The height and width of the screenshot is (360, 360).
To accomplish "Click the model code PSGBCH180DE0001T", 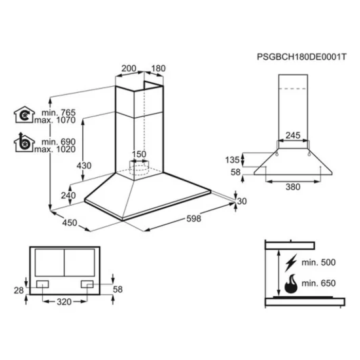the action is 301,57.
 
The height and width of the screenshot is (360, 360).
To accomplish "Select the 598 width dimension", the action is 194,219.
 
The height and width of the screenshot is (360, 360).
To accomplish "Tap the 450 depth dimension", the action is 69,223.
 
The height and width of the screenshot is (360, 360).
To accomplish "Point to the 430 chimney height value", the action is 84,166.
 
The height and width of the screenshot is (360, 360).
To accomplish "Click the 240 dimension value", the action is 68,195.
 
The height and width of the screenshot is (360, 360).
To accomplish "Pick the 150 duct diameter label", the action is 139,154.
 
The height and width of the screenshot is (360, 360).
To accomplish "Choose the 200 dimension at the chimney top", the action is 129,68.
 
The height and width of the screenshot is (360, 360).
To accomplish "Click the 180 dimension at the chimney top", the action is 158,68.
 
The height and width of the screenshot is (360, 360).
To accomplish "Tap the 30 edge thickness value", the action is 242,202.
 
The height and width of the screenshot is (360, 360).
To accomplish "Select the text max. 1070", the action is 55,120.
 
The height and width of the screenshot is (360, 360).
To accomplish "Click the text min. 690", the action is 59,141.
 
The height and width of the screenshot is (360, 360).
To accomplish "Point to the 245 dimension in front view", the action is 293,135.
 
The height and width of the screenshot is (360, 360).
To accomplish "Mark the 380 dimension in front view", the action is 293,187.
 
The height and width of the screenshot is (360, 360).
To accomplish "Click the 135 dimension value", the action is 232,160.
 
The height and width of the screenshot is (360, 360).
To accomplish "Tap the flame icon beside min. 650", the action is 291,284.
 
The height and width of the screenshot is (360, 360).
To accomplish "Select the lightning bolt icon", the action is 291,263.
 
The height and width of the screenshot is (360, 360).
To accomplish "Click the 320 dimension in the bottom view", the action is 64,302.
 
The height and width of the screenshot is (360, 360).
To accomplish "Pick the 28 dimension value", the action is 19,291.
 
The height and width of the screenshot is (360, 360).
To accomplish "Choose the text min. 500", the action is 319,262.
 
